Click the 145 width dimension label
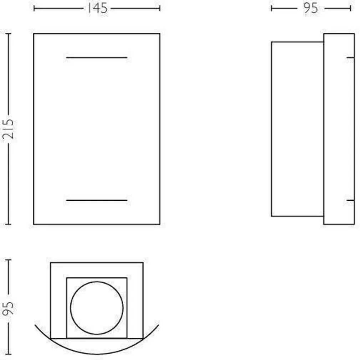tap(97, 8)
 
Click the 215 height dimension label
tap(9, 129)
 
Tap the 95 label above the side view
tap(310, 8)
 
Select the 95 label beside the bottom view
tap(9, 307)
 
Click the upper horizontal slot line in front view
tap(97, 57)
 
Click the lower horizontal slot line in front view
tap(97, 200)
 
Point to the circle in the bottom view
tap(97, 308)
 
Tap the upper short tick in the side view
tap(350, 57)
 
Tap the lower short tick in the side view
tap(350, 200)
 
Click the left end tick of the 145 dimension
tap(34, 8)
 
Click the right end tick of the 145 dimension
tap(160, 8)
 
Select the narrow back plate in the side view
tap(339, 129)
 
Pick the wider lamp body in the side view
tap(297, 129)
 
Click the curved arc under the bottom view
tap(97, 353)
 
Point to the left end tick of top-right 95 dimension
tap(272, 8)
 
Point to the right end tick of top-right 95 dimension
tap(350, 8)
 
